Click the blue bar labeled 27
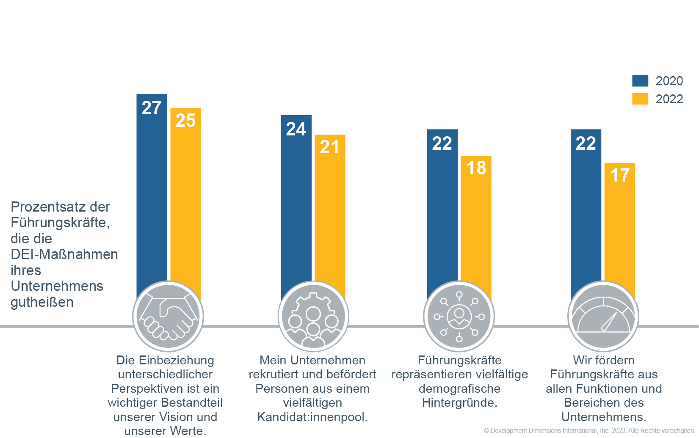click(x=152, y=190)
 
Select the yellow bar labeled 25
click(x=185, y=199)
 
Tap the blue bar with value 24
click(x=296, y=203)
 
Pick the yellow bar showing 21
click(x=330, y=212)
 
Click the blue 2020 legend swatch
click(x=640, y=81)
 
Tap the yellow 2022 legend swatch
click(x=640, y=99)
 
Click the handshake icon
click(x=168, y=317)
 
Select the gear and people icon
click(x=313, y=317)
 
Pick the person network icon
click(x=459, y=316)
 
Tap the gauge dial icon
click(x=603, y=317)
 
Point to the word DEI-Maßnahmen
click(x=64, y=254)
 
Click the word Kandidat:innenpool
click(x=312, y=417)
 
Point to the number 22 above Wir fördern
click(x=586, y=143)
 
